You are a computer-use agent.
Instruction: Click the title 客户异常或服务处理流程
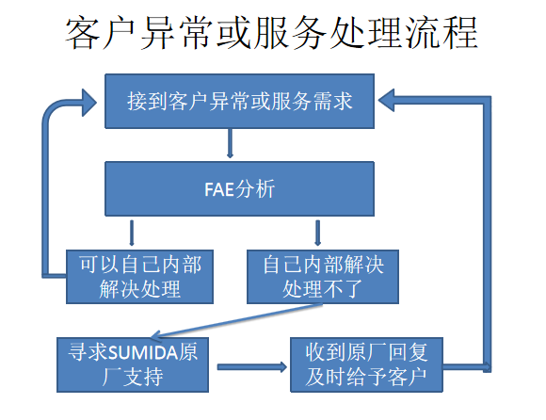pos(271,33)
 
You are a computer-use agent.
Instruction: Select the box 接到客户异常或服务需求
pos(239,102)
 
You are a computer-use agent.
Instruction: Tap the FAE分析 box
pos(239,188)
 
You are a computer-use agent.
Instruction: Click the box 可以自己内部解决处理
pos(139,277)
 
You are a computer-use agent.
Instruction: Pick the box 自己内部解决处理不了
pos(323,277)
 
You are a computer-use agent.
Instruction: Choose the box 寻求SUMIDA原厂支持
pos(133,364)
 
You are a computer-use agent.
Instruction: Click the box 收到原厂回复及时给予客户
pos(366,364)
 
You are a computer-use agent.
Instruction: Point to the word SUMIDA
pos(144,353)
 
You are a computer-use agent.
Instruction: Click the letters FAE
pos(219,190)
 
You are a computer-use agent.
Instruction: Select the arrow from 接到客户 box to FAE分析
pos(230,143)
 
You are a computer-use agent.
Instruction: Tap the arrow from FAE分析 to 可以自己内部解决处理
pos(132,233)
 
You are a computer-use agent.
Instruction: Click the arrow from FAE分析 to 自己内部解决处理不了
pos(317,233)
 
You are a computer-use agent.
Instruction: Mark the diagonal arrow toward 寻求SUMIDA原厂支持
pos(237,321)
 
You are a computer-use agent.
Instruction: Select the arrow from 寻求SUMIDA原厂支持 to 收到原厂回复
pos(252,367)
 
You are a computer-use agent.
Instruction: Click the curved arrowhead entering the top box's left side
pos(89,103)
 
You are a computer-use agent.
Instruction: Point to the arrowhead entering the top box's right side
pos(386,101)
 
